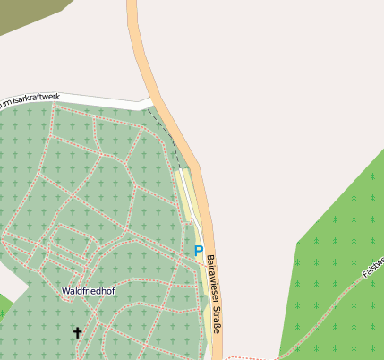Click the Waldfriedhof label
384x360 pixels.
[88, 291]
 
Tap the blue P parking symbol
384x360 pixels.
[199, 252]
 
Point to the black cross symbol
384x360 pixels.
[77, 333]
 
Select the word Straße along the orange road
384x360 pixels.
[215, 320]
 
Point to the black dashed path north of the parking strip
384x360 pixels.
[170, 134]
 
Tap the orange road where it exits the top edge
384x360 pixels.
[133, 4]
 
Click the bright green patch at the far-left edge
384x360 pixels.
[4, 309]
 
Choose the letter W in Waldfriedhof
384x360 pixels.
[65, 291]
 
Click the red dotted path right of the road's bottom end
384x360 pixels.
[246, 357]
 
